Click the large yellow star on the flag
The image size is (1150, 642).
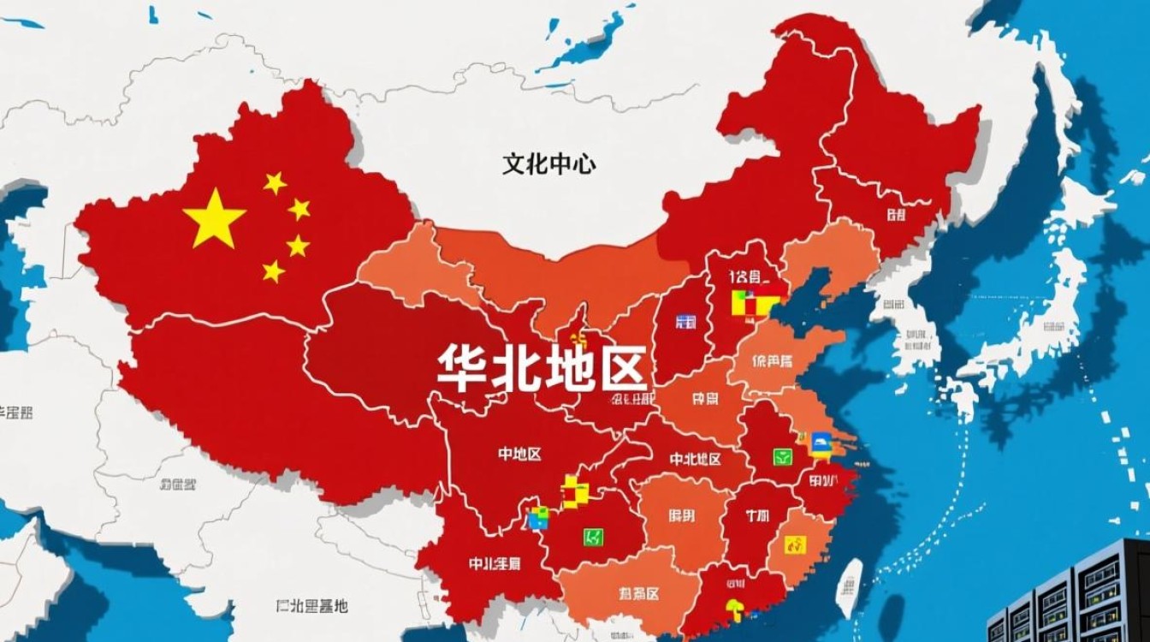(x=214, y=218)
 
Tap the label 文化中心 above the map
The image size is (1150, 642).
(x=548, y=164)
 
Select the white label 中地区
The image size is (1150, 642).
(x=519, y=455)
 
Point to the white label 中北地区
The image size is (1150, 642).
(x=695, y=460)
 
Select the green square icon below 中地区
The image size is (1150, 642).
(x=593, y=537)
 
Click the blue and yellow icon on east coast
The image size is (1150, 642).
(x=820, y=443)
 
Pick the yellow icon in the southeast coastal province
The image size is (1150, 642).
(x=795, y=544)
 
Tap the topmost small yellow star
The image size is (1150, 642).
(x=275, y=182)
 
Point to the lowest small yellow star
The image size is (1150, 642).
(x=273, y=271)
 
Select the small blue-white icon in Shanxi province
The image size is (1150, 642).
(x=685, y=322)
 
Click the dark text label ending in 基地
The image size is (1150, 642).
(x=312, y=606)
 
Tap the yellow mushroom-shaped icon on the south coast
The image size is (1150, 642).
(x=735, y=609)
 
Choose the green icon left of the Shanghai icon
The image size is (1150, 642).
(x=782, y=456)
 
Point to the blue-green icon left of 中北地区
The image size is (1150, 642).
(x=538, y=517)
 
